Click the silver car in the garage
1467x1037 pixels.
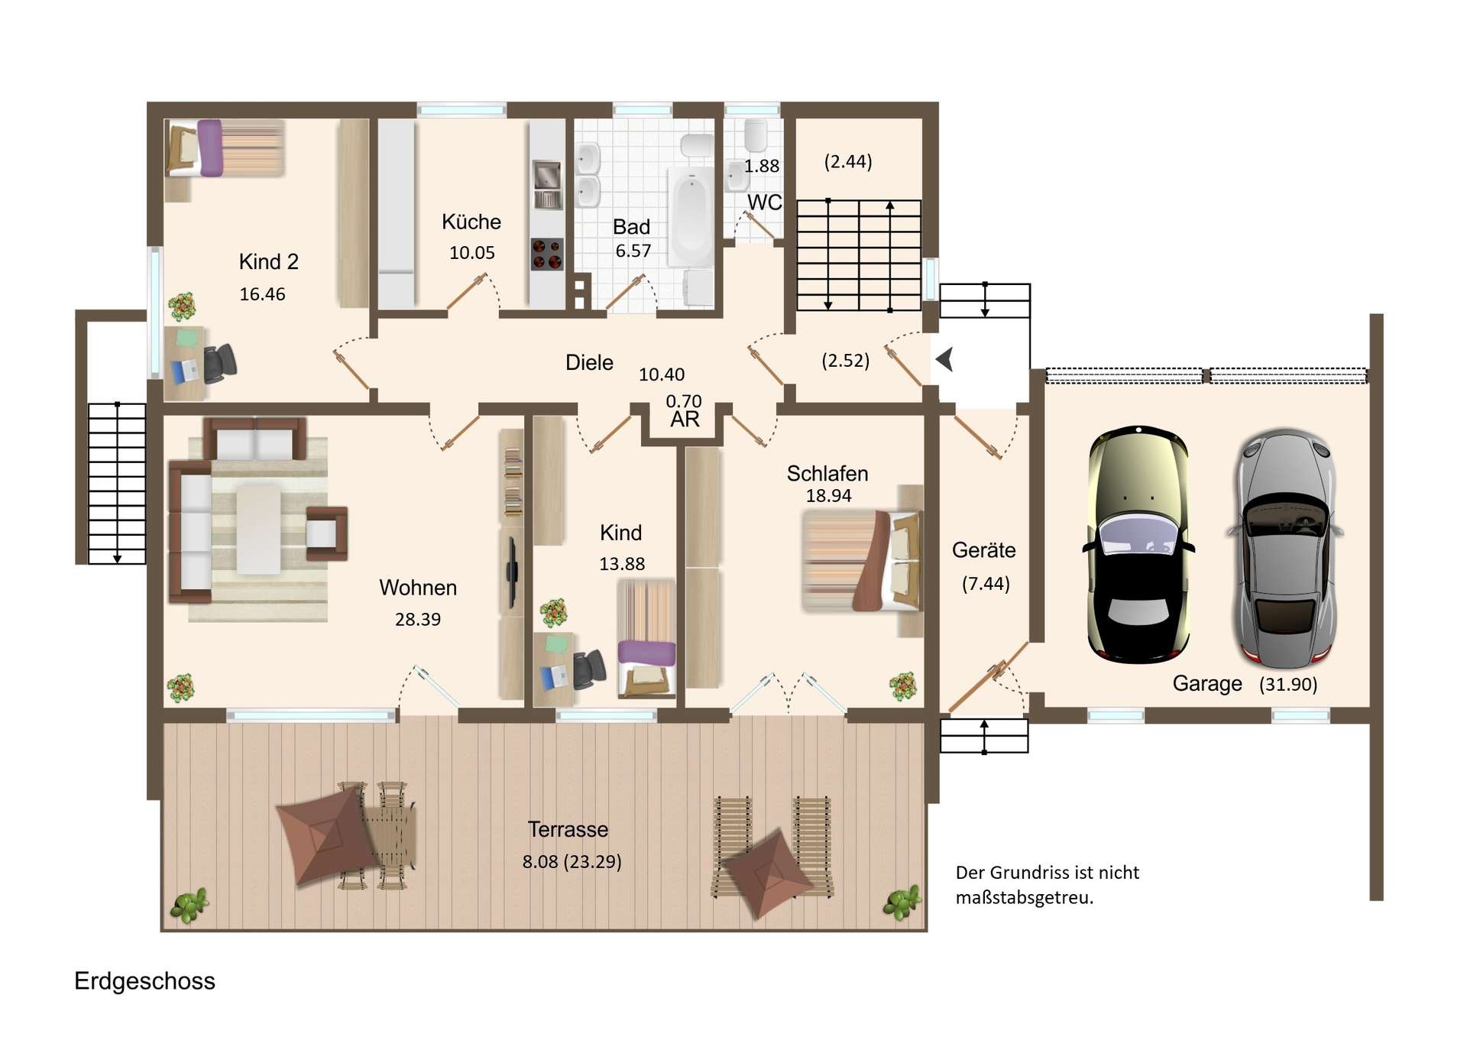[x=1285, y=548]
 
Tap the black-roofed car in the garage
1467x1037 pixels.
[x=1138, y=543]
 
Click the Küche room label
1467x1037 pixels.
[x=471, y=222]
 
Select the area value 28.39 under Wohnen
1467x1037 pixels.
[x=418, y=619]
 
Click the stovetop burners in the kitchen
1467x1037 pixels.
[x=547, y=254]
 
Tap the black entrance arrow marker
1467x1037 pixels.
[x=945, y=358]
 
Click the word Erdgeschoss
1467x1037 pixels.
[x=144, y=980]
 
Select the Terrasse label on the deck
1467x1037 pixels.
[x=568, y=829]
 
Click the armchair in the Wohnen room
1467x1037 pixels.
[x=326, y=533]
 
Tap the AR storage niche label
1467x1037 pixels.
[x=685, y=419]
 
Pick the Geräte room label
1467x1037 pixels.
[x=983, y=550]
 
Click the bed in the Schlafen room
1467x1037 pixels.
[x=862, y=560]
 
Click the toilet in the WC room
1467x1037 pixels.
[x=756, y=135]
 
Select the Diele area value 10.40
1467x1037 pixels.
[x=662, y=374]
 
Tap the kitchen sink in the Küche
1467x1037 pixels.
[x=546, y=184]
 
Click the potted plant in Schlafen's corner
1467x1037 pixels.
[x=902, y=685]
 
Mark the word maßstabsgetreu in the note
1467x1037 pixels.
[x=1025, y=897]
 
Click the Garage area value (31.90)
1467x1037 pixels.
[x=1288, y=684]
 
